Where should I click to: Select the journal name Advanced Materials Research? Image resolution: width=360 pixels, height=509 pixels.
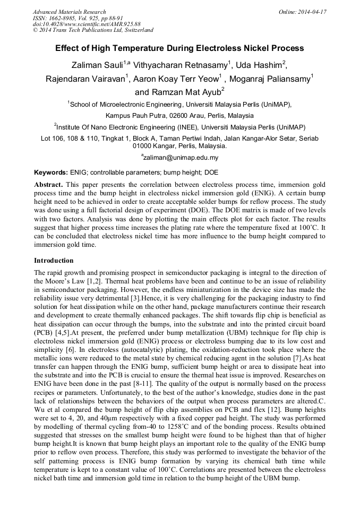70,12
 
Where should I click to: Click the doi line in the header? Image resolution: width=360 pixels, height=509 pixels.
87,24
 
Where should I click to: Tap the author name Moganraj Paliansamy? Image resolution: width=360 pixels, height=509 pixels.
274,79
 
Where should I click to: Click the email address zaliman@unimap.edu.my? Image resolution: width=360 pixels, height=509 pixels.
181,158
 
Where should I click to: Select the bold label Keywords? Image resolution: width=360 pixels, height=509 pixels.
51,172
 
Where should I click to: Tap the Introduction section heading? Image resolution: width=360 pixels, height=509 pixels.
54,261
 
